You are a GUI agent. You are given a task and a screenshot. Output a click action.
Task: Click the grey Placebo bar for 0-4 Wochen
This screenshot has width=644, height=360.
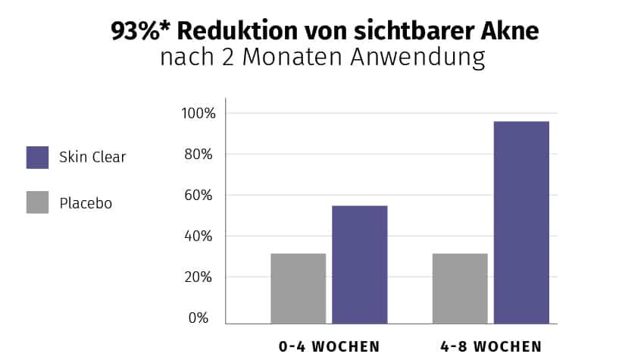[x=298, y=288]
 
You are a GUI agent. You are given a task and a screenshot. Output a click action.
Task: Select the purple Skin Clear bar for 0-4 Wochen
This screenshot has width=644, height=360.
[x=359, y=265]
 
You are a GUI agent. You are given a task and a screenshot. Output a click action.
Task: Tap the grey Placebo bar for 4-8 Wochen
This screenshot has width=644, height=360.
[x=460, y=288]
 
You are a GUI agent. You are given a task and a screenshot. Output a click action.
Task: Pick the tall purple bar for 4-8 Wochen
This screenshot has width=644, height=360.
[x=521, y=222]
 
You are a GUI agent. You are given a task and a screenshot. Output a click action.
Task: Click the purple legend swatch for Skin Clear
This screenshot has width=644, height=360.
[x=37, y=158]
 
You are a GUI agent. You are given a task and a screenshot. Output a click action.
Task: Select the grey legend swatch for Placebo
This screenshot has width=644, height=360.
[x=37, y=202]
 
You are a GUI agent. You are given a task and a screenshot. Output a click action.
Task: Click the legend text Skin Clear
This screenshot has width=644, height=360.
[x=92, y=158]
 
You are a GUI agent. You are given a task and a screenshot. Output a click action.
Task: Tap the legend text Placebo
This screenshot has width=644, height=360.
[x=86, y=203]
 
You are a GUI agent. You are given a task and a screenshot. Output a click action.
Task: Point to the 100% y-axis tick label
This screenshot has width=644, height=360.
[x=199, y=114]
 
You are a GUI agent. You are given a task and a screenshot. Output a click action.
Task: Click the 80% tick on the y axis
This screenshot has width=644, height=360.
[x=202, y=155]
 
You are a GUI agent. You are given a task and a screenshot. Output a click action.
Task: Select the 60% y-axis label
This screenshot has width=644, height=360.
[x=202, y=196]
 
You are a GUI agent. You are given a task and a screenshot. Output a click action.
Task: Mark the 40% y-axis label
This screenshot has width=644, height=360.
[x=202, y=236]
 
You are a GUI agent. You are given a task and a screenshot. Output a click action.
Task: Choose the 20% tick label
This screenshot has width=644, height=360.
[x=202, y=277]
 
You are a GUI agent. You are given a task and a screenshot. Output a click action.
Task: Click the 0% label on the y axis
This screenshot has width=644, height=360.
[x=199, y=318]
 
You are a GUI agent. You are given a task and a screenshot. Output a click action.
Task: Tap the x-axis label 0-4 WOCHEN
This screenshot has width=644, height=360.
[x=329, y=346]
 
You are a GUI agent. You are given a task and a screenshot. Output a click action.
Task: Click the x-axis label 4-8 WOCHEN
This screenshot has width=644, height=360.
[x=491, y=346]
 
